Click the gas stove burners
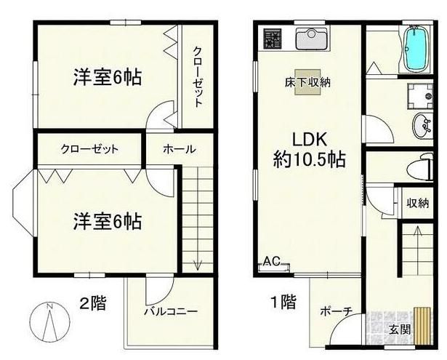tap(273, 39)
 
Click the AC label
tap(271, 261)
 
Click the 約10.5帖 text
tap(309, 158)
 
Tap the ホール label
tap(178, 149)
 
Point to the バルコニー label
tap(170, 312)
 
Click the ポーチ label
tap(336, 311)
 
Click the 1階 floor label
tap(283, 301)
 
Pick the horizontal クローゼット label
tap(89, 149)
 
